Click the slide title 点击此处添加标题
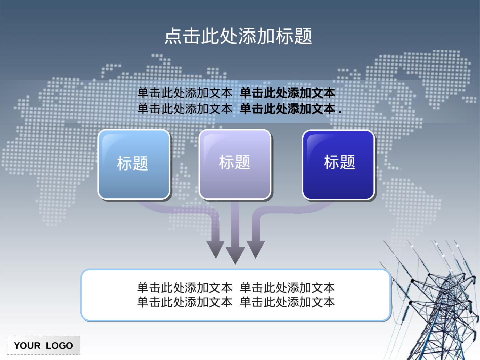pyautogui.click(x=238, y=36)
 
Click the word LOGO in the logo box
pyautogui.click(x=59, y=346)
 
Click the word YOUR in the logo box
pyautogui.click(x=27, y=346)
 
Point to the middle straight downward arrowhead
pyautogui.click(x=235, y=254)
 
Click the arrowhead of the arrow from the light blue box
pyautogui.click(x=215, y=248)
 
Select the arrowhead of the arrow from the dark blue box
pyautogui.click(x=255, y=248)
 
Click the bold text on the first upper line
pyautogui.click(x=287, y=93)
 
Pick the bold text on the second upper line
pyautogui.click(x=287, y=109)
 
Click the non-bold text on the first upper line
pyautogui.click(x=185, y=93)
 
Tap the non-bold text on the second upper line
pyautogui.click(x=185, y=109)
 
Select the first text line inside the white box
pyautogui.click(x=236, y=288)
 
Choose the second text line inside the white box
pyautogui.click(x=236, y=302)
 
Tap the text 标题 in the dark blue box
pyautogui.click(x=340, y=162)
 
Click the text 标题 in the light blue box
pyautogui.click(x=132, y=163)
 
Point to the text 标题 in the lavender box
pyautogui.click(x=235, y=162)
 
